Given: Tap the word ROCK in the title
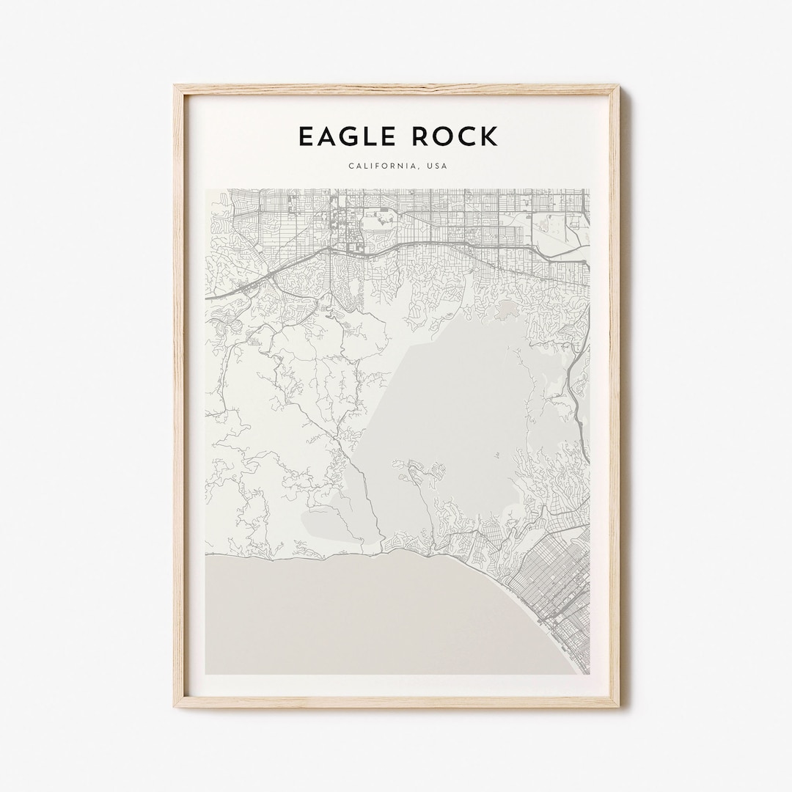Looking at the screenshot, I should pyautogui.click(x=455, y=136).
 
